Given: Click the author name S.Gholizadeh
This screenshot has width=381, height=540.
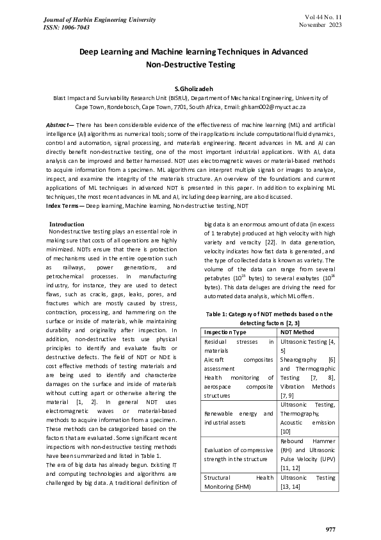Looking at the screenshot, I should coord(190,87).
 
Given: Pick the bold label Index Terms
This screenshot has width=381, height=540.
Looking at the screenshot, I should coord(63,205).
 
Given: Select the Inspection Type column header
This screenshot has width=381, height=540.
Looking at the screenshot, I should coord(225,333).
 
